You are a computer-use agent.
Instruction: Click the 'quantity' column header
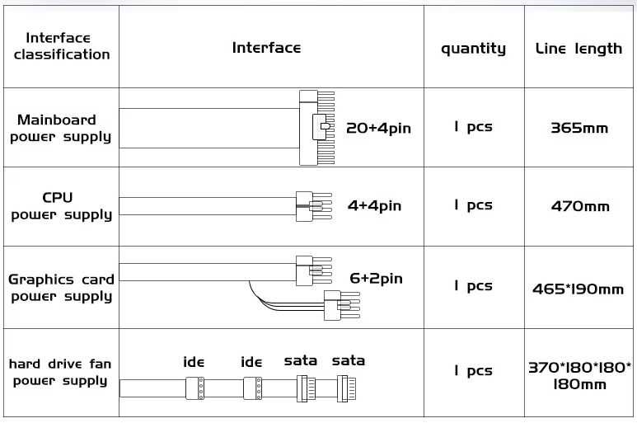(x=473, y=49)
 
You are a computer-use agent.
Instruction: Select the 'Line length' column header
(x=578, y=49)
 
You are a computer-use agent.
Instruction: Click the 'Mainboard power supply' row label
(x=59, y=129)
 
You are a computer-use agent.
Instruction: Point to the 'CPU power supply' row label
(x=60, y=206)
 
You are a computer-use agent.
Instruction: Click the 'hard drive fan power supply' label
(x=60, y=372)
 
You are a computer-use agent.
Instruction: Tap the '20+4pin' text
(x=378, y=129)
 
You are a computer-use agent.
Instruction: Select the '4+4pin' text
(x=374, y=205)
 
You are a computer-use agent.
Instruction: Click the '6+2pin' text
(x=376, y=279)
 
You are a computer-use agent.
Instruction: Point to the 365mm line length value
(x=579, y=129)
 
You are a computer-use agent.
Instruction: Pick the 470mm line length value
(x=580, y=206)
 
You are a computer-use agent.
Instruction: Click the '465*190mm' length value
(x=578, y=289)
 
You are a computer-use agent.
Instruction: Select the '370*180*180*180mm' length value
(x=579, y=376)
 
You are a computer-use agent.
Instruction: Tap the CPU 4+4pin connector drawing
(x=312, y=205)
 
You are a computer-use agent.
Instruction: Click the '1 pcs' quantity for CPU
(x=473, y=205)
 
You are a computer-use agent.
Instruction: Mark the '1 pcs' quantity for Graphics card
(x=473, y=286)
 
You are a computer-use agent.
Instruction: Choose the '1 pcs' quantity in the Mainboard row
(x=473, y=127)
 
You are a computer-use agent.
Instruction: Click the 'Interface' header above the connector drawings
(x=266, y=48)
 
